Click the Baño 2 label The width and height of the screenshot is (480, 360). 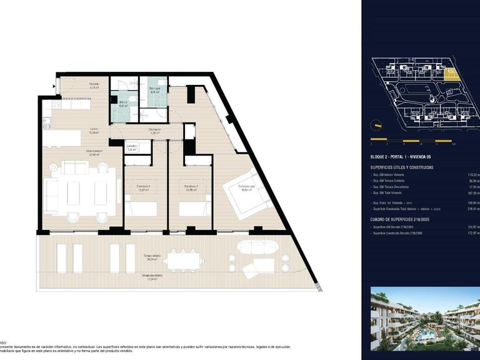(123, 102)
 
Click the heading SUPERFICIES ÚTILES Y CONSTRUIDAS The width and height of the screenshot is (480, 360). (411, 167)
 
